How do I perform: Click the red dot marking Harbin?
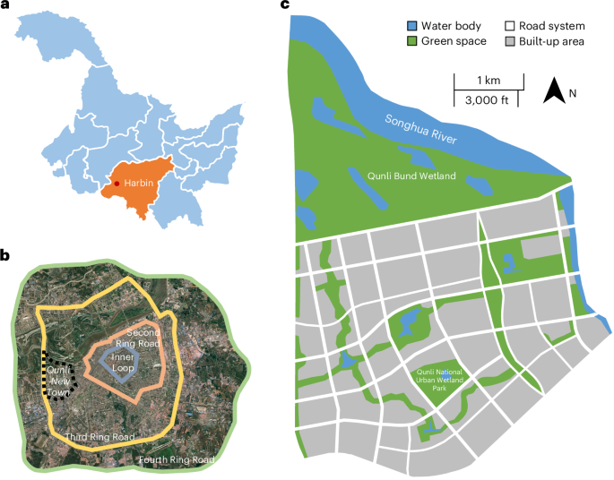point(117,183)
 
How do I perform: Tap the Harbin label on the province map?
point(139,184)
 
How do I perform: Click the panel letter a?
point(5,6)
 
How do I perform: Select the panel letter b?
point(5,256)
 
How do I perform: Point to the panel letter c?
point(285,6)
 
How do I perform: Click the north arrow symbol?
point(556,90)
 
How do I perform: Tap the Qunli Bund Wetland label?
point(413,176)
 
